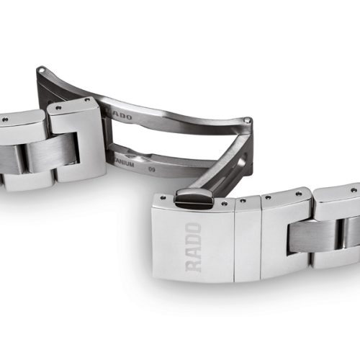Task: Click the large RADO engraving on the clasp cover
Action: tap(194, 245)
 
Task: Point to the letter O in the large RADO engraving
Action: tap(194, 227)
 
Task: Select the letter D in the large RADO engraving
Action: tap(194, 239)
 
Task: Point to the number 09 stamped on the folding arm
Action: tap(152, 168)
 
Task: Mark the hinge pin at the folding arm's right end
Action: tap(248, 120)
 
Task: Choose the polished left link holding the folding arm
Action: tap(76, 140)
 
